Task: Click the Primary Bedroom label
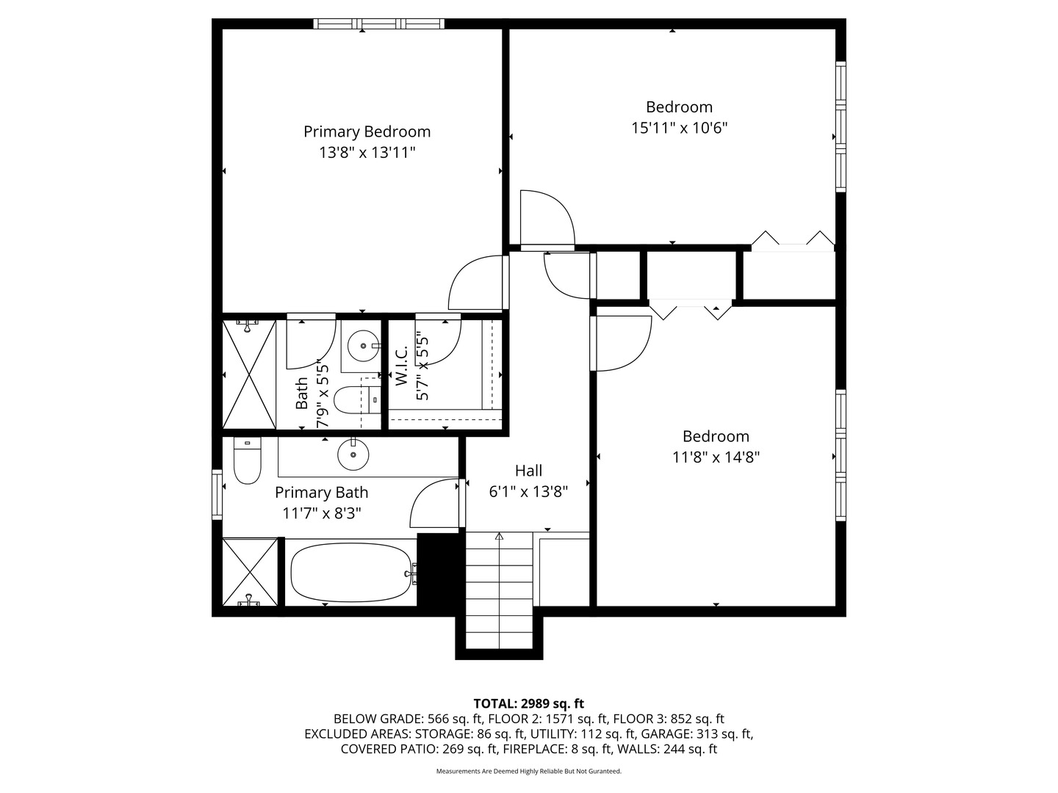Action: (x=367, y=131)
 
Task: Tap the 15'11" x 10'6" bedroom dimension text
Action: (x=679, y=128)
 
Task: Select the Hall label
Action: (x=528, y=471)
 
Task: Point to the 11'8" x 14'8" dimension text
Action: (x=716, y=457)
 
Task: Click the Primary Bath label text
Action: (x=322, y=493)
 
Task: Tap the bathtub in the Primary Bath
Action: (x=351, y=573)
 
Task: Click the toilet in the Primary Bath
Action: (x=248, y=460)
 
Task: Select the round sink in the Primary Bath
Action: (x=353, y=455)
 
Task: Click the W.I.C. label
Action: (x=401, y=366)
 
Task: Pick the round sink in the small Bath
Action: (x=363, y=346)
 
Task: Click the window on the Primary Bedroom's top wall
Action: (x=378, y=23)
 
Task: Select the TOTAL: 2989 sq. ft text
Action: (x=528, y=704)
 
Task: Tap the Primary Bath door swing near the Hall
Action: (x=433, y=503)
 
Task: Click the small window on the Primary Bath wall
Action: (x=217, y=495)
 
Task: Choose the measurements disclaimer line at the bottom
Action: (x=529, y=771)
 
